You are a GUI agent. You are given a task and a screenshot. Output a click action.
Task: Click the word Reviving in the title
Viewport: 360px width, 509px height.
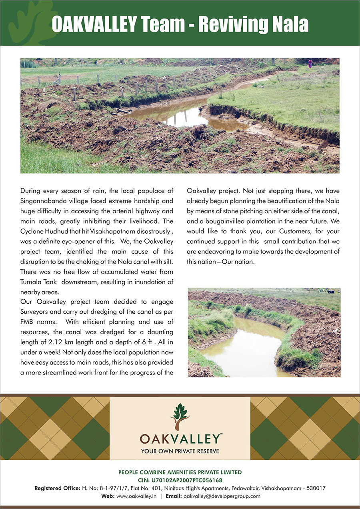click(231, 24)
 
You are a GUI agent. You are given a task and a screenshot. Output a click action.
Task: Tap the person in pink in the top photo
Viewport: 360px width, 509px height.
click(310, 63)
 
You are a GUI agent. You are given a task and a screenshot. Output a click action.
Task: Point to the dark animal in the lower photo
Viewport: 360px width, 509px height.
click(331, 292)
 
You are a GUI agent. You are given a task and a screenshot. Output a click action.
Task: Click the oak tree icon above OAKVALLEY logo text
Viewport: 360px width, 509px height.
click(180, 417)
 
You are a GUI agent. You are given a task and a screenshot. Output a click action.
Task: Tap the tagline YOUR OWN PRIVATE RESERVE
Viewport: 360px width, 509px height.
click(180, 451)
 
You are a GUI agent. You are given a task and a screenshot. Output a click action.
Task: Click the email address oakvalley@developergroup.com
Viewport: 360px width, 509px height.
click(222, 496)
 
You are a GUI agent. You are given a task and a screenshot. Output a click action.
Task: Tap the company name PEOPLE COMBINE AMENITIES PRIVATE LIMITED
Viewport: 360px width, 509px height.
click(180, 473)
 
